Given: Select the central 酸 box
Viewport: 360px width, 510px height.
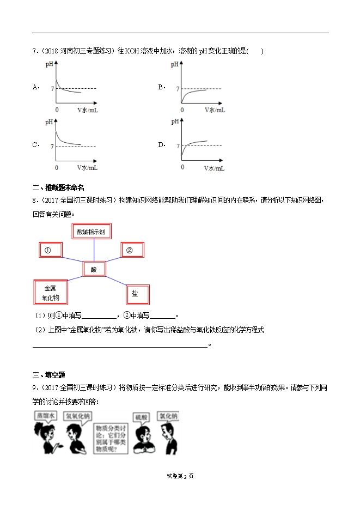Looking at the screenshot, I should pos(94,269).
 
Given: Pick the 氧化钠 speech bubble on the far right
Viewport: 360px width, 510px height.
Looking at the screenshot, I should pos(168,416).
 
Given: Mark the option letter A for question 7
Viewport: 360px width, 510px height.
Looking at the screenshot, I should pos(36,87).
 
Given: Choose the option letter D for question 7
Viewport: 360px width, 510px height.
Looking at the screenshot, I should pos(161,144).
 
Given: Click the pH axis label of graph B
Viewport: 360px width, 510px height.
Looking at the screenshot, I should pos(175,64).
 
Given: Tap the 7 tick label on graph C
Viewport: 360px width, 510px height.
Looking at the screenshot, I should pos(52,147).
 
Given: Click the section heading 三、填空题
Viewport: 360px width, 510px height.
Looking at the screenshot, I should pos(48,374).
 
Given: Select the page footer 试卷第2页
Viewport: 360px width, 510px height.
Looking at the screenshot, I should pos(180,476).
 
